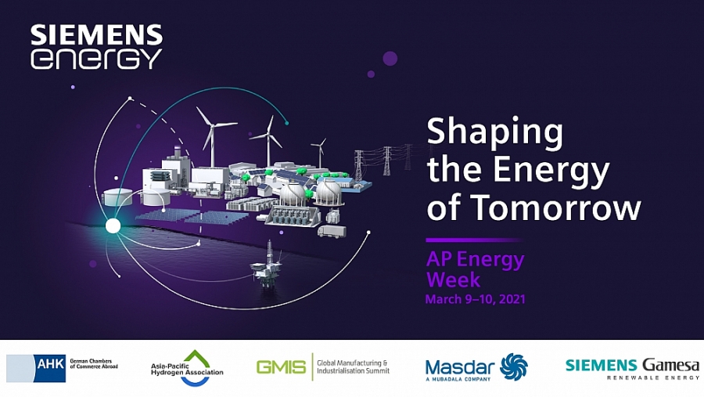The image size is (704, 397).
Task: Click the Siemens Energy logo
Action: click(x=96, y=47)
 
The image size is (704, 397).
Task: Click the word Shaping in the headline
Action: click(x=495, y=133)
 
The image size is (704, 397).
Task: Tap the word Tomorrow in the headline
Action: click(x=558, y=208)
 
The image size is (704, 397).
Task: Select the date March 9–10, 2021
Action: click(x=475, y=299)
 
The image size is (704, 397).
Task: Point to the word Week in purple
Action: click(x=453, y=280)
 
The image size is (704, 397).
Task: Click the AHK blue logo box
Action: click(x=50, y=368)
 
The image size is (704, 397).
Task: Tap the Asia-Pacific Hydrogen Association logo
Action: click(x=187, y=368)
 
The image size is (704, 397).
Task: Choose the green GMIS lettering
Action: click(x=281, y=367)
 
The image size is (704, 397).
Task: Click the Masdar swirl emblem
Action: click(x=514, y=367)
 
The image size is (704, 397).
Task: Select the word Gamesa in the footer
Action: click(x=671, y=365)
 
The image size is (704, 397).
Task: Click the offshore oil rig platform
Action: click(x=267, y=265)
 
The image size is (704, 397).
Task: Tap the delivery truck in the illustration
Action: click(x=332, y=231)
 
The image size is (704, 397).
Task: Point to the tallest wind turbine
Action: click(x=214, y=137)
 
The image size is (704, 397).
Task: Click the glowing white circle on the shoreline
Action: click(x=113, y=226)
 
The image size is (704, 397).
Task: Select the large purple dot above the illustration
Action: click(x=390, y=59)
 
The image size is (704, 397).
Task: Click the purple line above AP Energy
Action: click(x=474, y=240)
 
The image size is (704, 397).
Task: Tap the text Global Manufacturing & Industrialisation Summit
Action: click(x=353, y=367)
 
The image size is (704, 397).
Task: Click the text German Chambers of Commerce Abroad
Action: click(x=94, y=364)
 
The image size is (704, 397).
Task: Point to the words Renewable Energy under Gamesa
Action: click(x=653, y=377)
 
